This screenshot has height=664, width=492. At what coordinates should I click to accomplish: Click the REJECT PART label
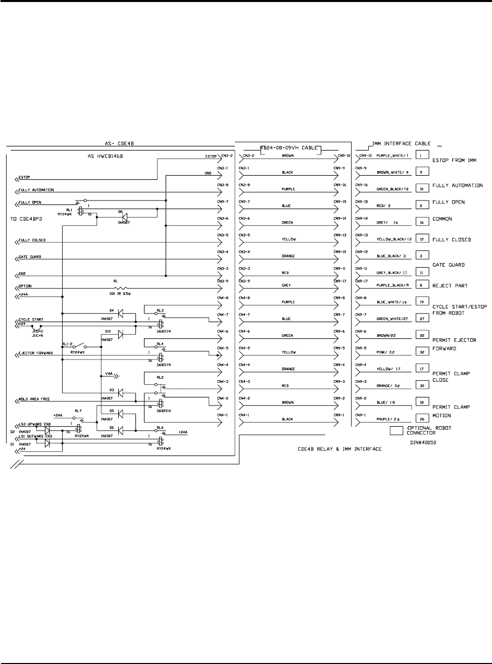click(450, 286)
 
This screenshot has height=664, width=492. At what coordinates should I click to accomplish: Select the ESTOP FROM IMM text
click(454, 160)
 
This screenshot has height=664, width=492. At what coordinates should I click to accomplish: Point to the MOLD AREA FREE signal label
click(34, 399)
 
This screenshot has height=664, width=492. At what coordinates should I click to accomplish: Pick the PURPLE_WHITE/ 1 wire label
click(387, 156)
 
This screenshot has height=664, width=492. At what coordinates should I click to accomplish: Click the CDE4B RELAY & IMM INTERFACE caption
click(338, 448)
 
